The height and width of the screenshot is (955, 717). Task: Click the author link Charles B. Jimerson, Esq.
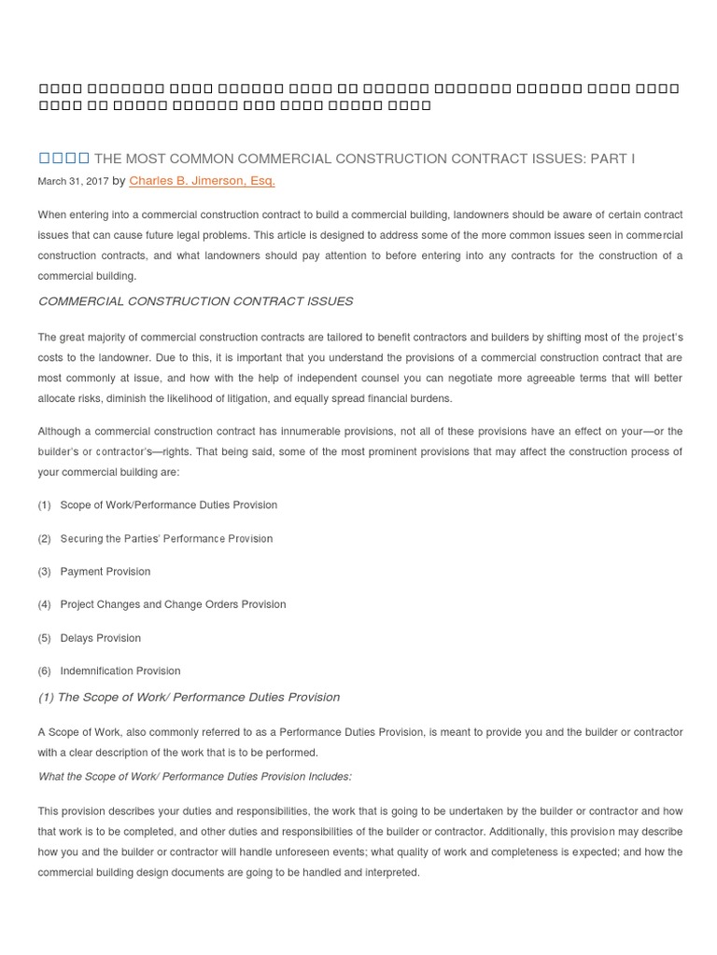(x=202, y=181)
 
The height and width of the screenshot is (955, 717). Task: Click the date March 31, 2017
(x=73, y=182)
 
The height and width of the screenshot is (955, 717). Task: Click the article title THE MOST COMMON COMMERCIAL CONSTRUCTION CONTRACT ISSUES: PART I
(x=364, y=159)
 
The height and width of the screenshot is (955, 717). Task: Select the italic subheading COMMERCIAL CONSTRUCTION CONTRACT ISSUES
(x=195, y=301)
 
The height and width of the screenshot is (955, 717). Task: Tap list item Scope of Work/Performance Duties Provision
(x=168, y=505)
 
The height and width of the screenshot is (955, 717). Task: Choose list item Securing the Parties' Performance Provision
(x=166, y=538)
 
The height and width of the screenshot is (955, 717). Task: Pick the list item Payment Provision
(x=105, y=571)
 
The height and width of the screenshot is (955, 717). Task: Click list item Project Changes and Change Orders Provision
(x=173, y=604)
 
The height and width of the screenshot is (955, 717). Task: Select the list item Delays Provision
(x=100, y=638)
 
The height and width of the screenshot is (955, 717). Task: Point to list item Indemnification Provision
(x=120, y=671)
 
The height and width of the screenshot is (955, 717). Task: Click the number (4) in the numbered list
(x=45, y=604)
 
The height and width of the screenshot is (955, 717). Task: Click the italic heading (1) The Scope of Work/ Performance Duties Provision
(x=189, y=697)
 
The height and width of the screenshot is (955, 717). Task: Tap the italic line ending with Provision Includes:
(x=194, y=776)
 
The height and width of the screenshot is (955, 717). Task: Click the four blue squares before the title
(x=63, y=159)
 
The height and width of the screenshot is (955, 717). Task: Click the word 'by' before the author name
(x=119, y=181)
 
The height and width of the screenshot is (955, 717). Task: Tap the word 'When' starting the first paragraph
(x=51, y=215)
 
